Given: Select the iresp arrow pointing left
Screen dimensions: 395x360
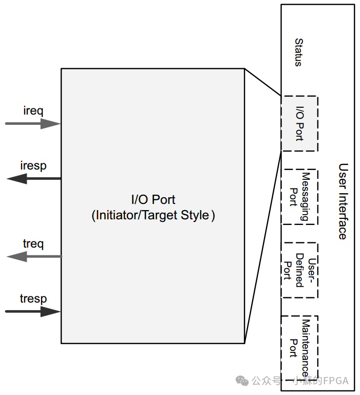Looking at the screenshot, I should (33, 179).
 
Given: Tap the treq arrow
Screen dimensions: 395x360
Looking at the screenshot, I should (33, 256).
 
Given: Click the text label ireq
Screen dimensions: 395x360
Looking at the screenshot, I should (33, 110).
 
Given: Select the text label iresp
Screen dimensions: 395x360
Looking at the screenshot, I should (33, 165).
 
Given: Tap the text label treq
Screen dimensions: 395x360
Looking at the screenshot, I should (33, 243).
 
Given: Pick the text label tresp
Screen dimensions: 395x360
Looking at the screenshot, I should (33, 298).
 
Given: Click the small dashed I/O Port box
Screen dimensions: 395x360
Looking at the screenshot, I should (299, 124).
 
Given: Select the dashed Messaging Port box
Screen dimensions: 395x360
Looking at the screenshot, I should (299, 197).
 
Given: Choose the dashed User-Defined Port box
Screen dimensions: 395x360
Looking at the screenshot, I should (299, 270).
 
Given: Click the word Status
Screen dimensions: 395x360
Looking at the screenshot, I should (298, 52).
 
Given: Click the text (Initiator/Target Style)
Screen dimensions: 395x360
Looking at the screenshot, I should (153, 215).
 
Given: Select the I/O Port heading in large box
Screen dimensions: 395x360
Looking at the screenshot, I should (153, 200).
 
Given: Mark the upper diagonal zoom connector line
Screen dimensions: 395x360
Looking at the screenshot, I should (262, 82).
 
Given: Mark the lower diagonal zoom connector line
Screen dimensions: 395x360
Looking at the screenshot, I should (262, 247).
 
